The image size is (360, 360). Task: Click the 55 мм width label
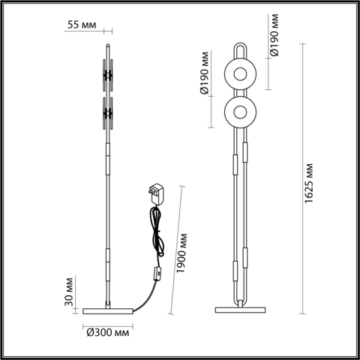click(82, 25)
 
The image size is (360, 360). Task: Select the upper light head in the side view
click(108, 73)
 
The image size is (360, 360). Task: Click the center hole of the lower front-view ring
click(241, 112)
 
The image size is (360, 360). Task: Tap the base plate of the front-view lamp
click(241, 308)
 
